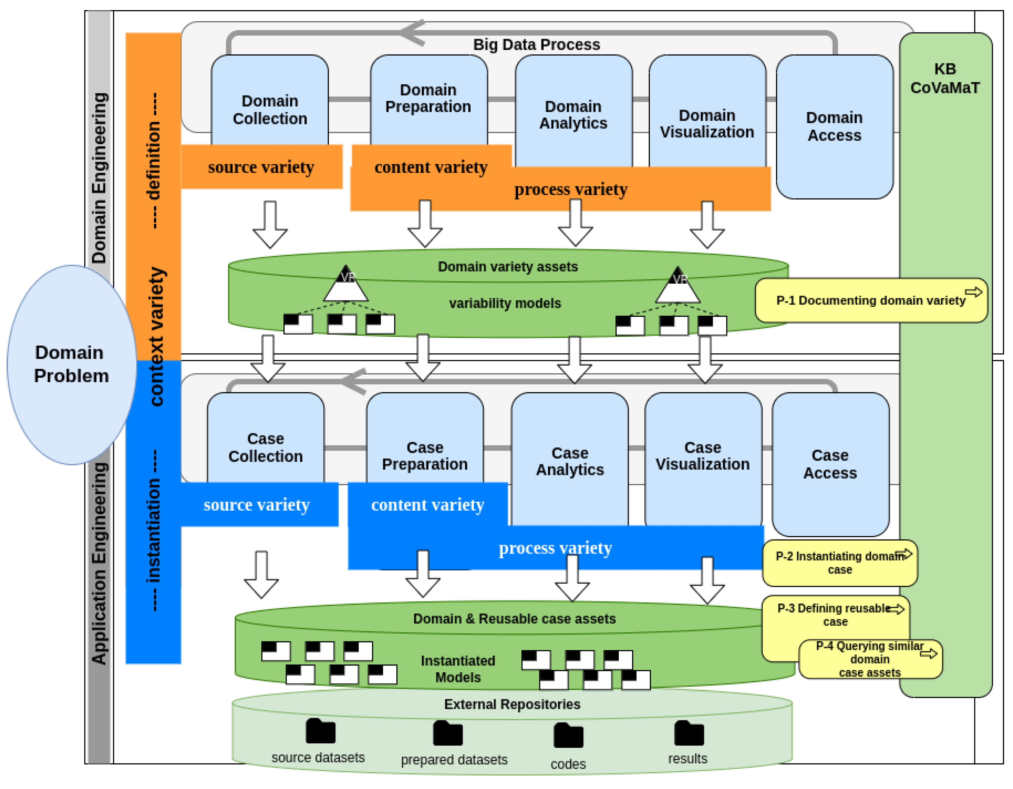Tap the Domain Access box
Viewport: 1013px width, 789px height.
click(834, 126)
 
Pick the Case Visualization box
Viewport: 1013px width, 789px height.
click(702, 456)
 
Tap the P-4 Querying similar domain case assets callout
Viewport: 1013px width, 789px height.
click(870, 659)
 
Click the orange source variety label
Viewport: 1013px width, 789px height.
click(261, 167)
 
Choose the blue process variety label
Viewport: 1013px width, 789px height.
click(555, 548)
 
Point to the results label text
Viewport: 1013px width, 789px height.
click(687, 758)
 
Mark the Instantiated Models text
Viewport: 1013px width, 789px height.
click(458, 669)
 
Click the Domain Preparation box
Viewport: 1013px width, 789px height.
click(428, 98)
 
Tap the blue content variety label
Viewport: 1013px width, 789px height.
click(428, 505)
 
